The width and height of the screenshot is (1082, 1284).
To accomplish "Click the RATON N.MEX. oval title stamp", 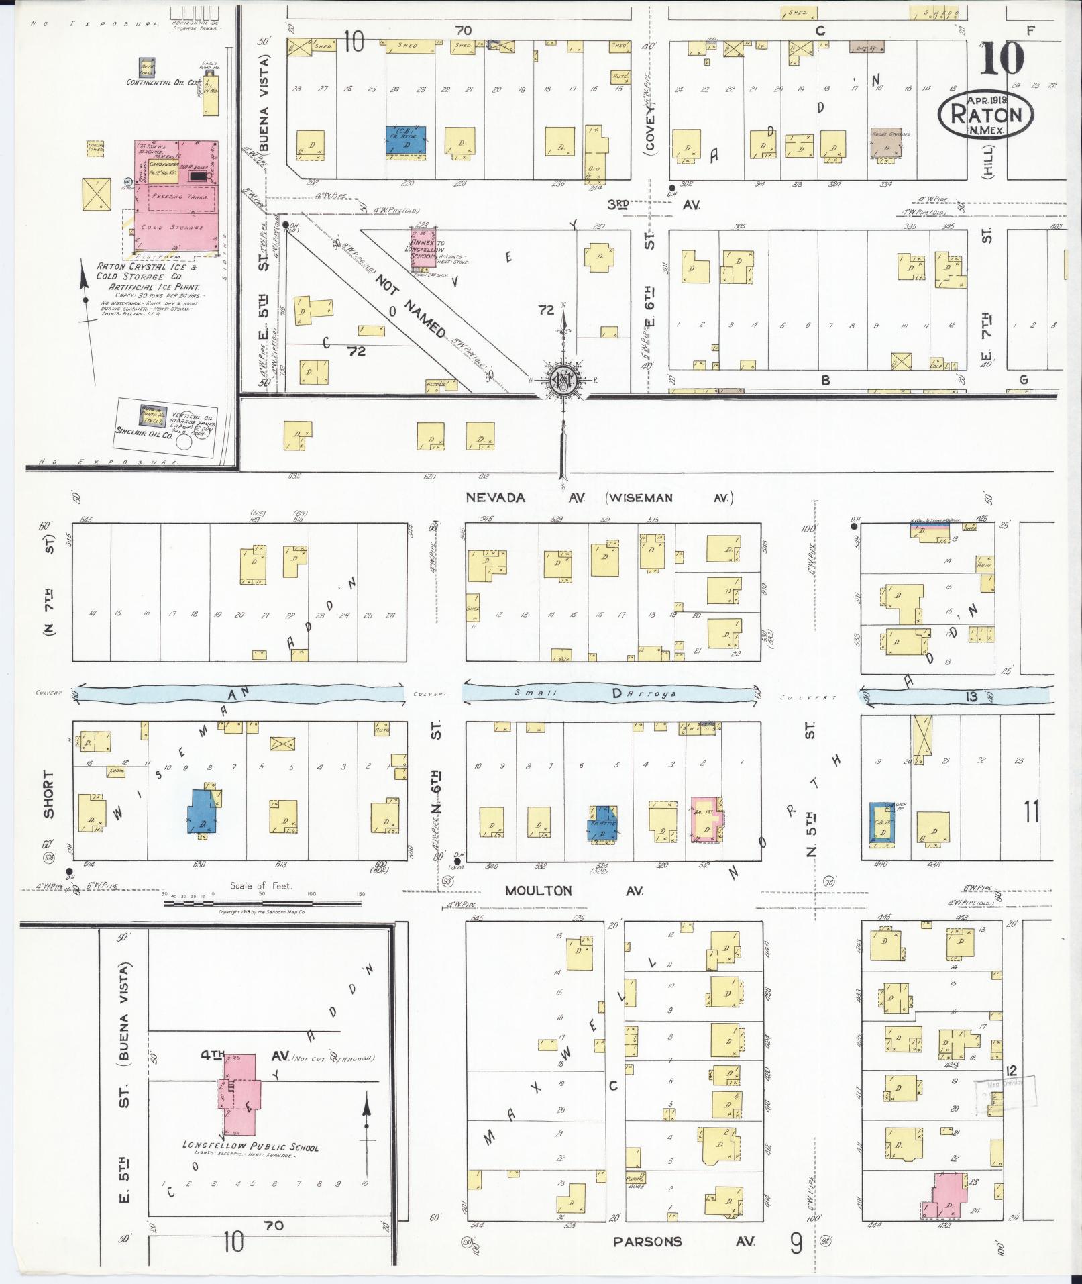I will point(985,114).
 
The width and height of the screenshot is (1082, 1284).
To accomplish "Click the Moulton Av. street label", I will point(575,891).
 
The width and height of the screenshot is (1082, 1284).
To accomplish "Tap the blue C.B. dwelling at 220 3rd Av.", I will point(407,140).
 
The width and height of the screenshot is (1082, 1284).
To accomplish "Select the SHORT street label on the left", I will point(49,794).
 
